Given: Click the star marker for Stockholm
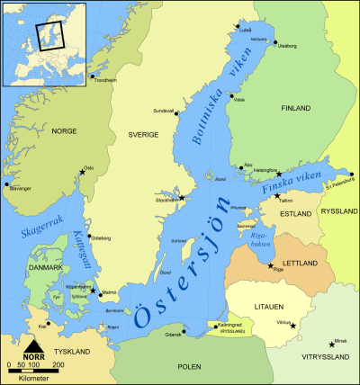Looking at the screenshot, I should pyautogui.click(x=182, y=198).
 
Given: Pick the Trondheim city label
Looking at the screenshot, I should pyautogui.click(x=105, y=80).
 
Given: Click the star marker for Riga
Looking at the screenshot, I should pyautogui.click(x=271, y=265).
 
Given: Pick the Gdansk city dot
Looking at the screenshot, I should pyautogui.click(x=184, y=333).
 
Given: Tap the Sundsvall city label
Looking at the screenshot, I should pyautogui.click(x=164, y=111).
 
